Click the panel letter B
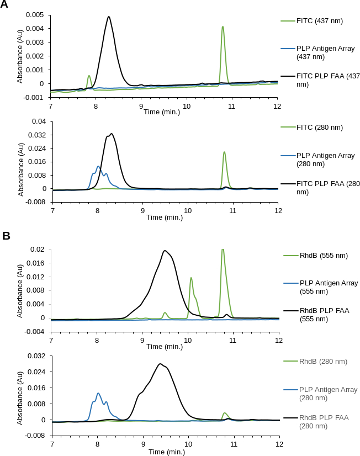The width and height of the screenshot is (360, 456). point(6,236)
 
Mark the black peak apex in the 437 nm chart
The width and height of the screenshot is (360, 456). point(109,17)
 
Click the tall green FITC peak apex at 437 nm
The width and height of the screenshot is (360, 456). point(223,26)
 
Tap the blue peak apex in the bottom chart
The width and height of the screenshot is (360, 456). point(98,393)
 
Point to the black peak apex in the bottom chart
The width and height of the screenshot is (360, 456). point(160,364)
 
